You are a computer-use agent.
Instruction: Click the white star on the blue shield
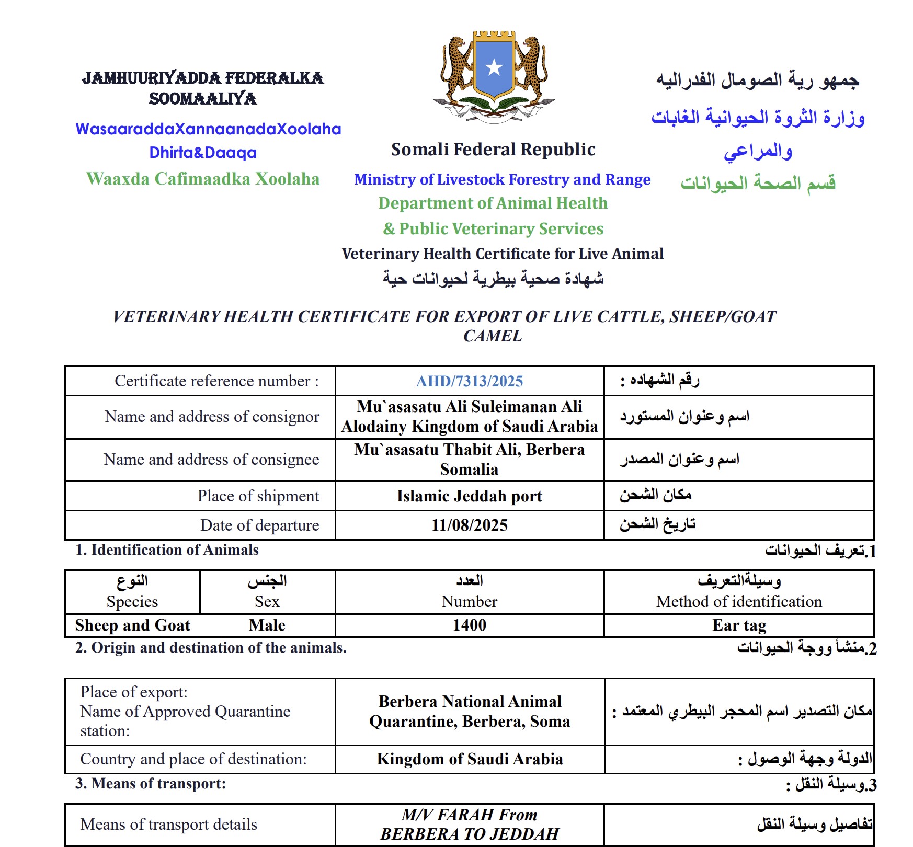(494, 67)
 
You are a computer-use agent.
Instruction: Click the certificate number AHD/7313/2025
(470, 381)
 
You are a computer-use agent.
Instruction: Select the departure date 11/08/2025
(470, 525)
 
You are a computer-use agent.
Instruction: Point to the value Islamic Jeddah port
(470, 496)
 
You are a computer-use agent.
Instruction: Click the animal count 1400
(470, 625)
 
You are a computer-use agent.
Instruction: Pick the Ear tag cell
(739, 625)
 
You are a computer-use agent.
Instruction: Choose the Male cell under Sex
(267, 625)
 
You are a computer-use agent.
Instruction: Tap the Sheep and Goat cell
(133, 625)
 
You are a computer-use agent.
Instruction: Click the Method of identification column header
(739, 601)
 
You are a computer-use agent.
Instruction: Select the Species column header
(132, 601)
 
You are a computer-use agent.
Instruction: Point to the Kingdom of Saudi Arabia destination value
(470, 759)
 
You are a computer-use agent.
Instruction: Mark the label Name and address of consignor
(212, 416)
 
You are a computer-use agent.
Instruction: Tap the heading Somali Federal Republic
(493, 150)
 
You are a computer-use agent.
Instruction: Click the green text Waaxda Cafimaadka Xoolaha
(203, 179)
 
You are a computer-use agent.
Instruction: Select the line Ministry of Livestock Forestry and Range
(502, 179)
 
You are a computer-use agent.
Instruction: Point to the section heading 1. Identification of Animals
(167, 550)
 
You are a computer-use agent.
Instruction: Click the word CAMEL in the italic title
(493, 336)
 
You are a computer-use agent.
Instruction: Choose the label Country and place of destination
(193, 759)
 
